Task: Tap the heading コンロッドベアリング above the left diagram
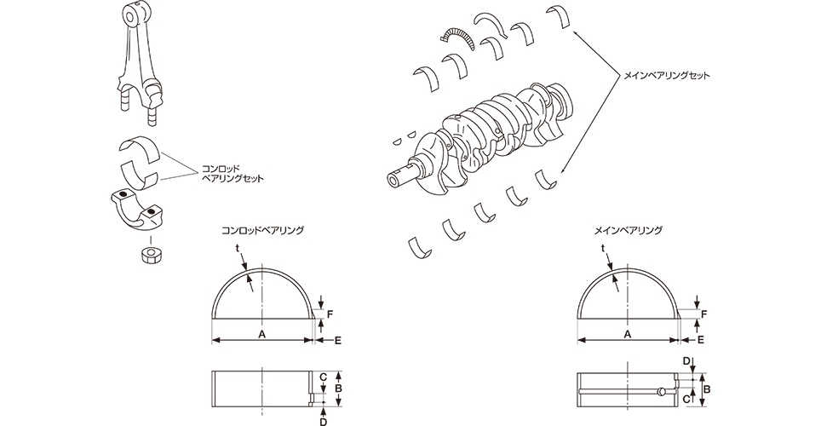(x=262, y=230)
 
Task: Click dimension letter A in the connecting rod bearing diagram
(x=261, y=336)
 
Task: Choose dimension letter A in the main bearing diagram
(x=628, y=336)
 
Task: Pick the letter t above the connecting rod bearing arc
(x=238, y=249)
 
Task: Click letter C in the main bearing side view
(x=687, y=398)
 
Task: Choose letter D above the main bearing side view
(x=687, y=361)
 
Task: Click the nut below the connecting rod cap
(x=151, y=255)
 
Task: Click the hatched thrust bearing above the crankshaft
(x=456, y=35)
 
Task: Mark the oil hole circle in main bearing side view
(x=661, y=392)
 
